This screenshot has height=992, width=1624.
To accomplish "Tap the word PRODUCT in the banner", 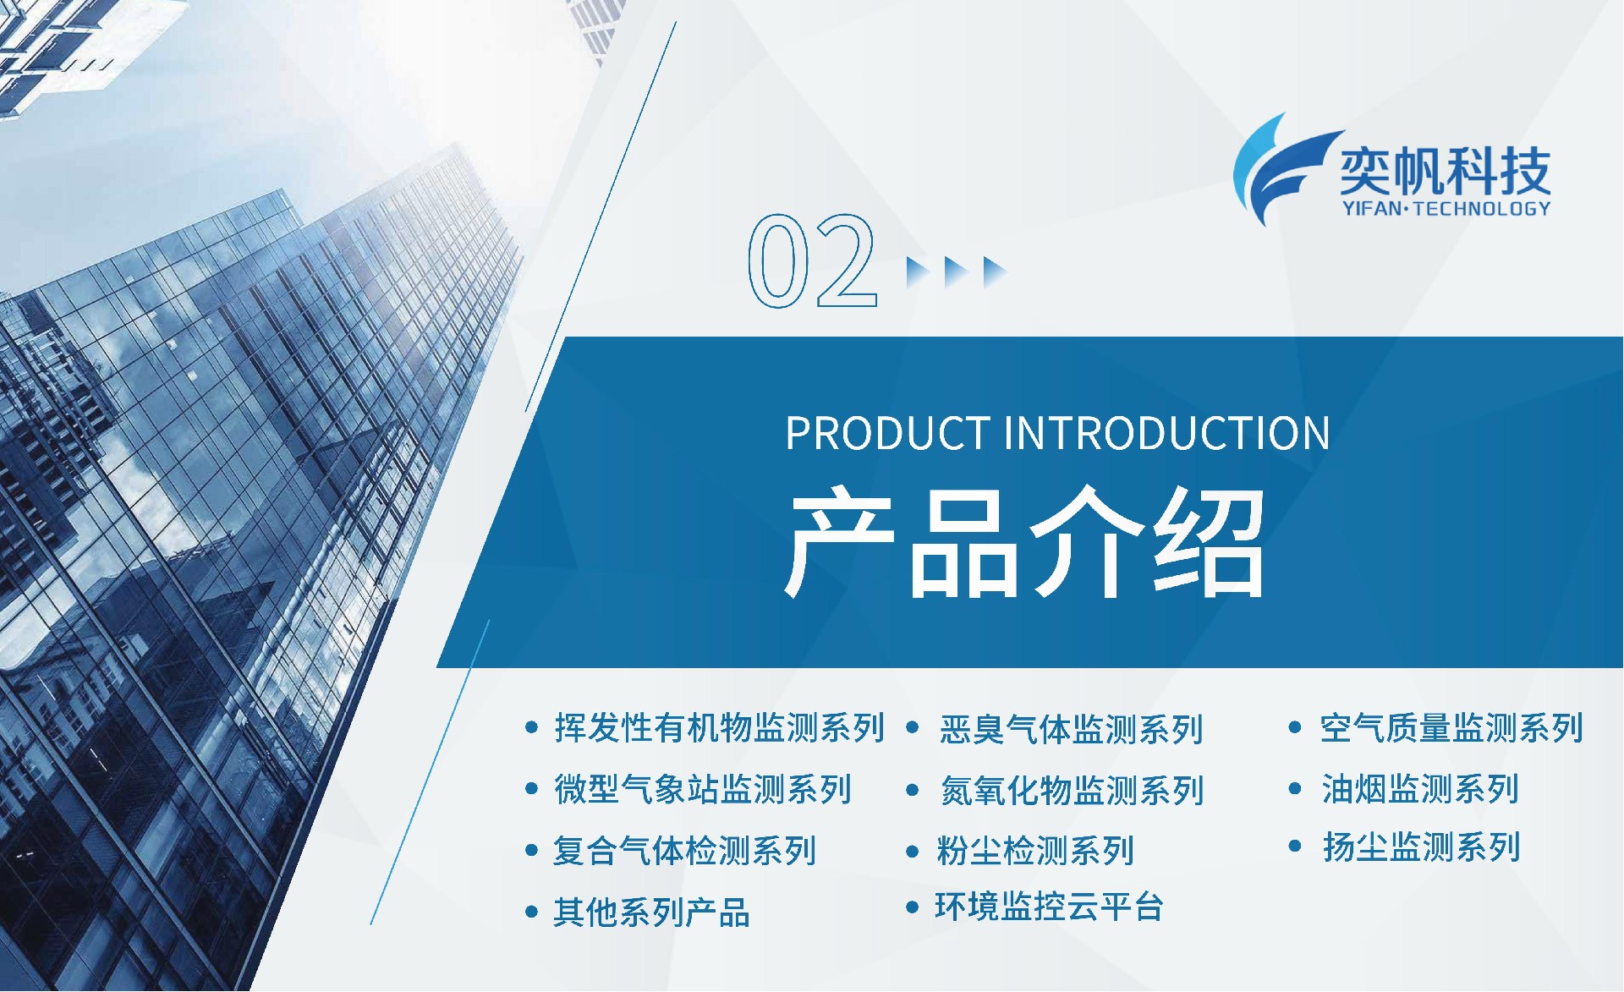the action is point(888,433).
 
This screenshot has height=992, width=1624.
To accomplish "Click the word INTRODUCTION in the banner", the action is point(1166,433).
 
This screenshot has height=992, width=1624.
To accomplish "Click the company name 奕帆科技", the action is point(1445,172).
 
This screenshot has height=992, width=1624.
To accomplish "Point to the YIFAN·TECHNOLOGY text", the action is point(1446,208).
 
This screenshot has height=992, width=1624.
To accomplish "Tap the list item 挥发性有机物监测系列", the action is point(719,727).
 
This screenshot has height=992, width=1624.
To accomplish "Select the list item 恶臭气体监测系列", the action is point(1071,729).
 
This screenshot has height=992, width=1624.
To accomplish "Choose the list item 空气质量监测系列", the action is point(1451,727).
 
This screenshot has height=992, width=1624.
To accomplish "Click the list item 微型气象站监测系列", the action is point(703,789).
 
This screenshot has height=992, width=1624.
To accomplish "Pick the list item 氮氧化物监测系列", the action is point(1072,791).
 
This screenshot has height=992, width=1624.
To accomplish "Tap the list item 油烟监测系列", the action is point(1421,789).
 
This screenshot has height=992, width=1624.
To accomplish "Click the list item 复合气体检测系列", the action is point(684,851).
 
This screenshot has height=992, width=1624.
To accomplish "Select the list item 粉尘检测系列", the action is point(1035,851).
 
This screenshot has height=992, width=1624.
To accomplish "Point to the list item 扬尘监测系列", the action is point(1422,847).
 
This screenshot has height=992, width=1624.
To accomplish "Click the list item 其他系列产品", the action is point(651,913).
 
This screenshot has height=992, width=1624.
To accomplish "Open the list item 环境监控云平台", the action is point(1049,907).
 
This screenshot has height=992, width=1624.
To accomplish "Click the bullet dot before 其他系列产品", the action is point(531,913).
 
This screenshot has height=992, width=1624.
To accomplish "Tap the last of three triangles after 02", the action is point(995,272).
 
